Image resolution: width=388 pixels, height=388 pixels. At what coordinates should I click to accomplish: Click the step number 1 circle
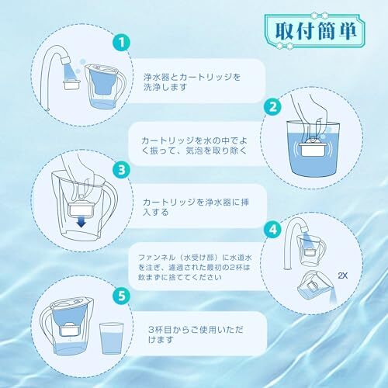(122, 43)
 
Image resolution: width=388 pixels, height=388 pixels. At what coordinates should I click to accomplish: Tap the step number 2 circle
(273, 107)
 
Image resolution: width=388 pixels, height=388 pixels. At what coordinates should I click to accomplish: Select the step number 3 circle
(122, 170)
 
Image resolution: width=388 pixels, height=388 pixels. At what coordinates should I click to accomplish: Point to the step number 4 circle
(273, 230)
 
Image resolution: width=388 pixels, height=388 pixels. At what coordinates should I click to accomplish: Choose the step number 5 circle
(122, 296)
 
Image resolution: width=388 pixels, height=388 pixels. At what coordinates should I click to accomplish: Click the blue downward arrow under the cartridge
(81, 222)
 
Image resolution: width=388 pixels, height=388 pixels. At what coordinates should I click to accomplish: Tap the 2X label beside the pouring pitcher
(342, 275)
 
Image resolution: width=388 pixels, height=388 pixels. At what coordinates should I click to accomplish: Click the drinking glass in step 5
(111, 338)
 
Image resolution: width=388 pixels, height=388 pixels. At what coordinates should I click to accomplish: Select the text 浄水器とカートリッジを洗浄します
(192, 82)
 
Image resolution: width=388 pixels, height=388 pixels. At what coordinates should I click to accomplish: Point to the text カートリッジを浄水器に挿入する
(196, 207)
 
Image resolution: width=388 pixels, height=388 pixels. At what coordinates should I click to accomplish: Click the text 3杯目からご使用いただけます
(196, 334)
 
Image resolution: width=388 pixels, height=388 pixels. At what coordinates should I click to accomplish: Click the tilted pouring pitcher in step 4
(317, 286)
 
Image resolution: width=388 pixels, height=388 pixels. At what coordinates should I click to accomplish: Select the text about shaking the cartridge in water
(194, 146)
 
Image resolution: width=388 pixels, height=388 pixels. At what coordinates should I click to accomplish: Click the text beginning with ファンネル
(195, 267)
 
